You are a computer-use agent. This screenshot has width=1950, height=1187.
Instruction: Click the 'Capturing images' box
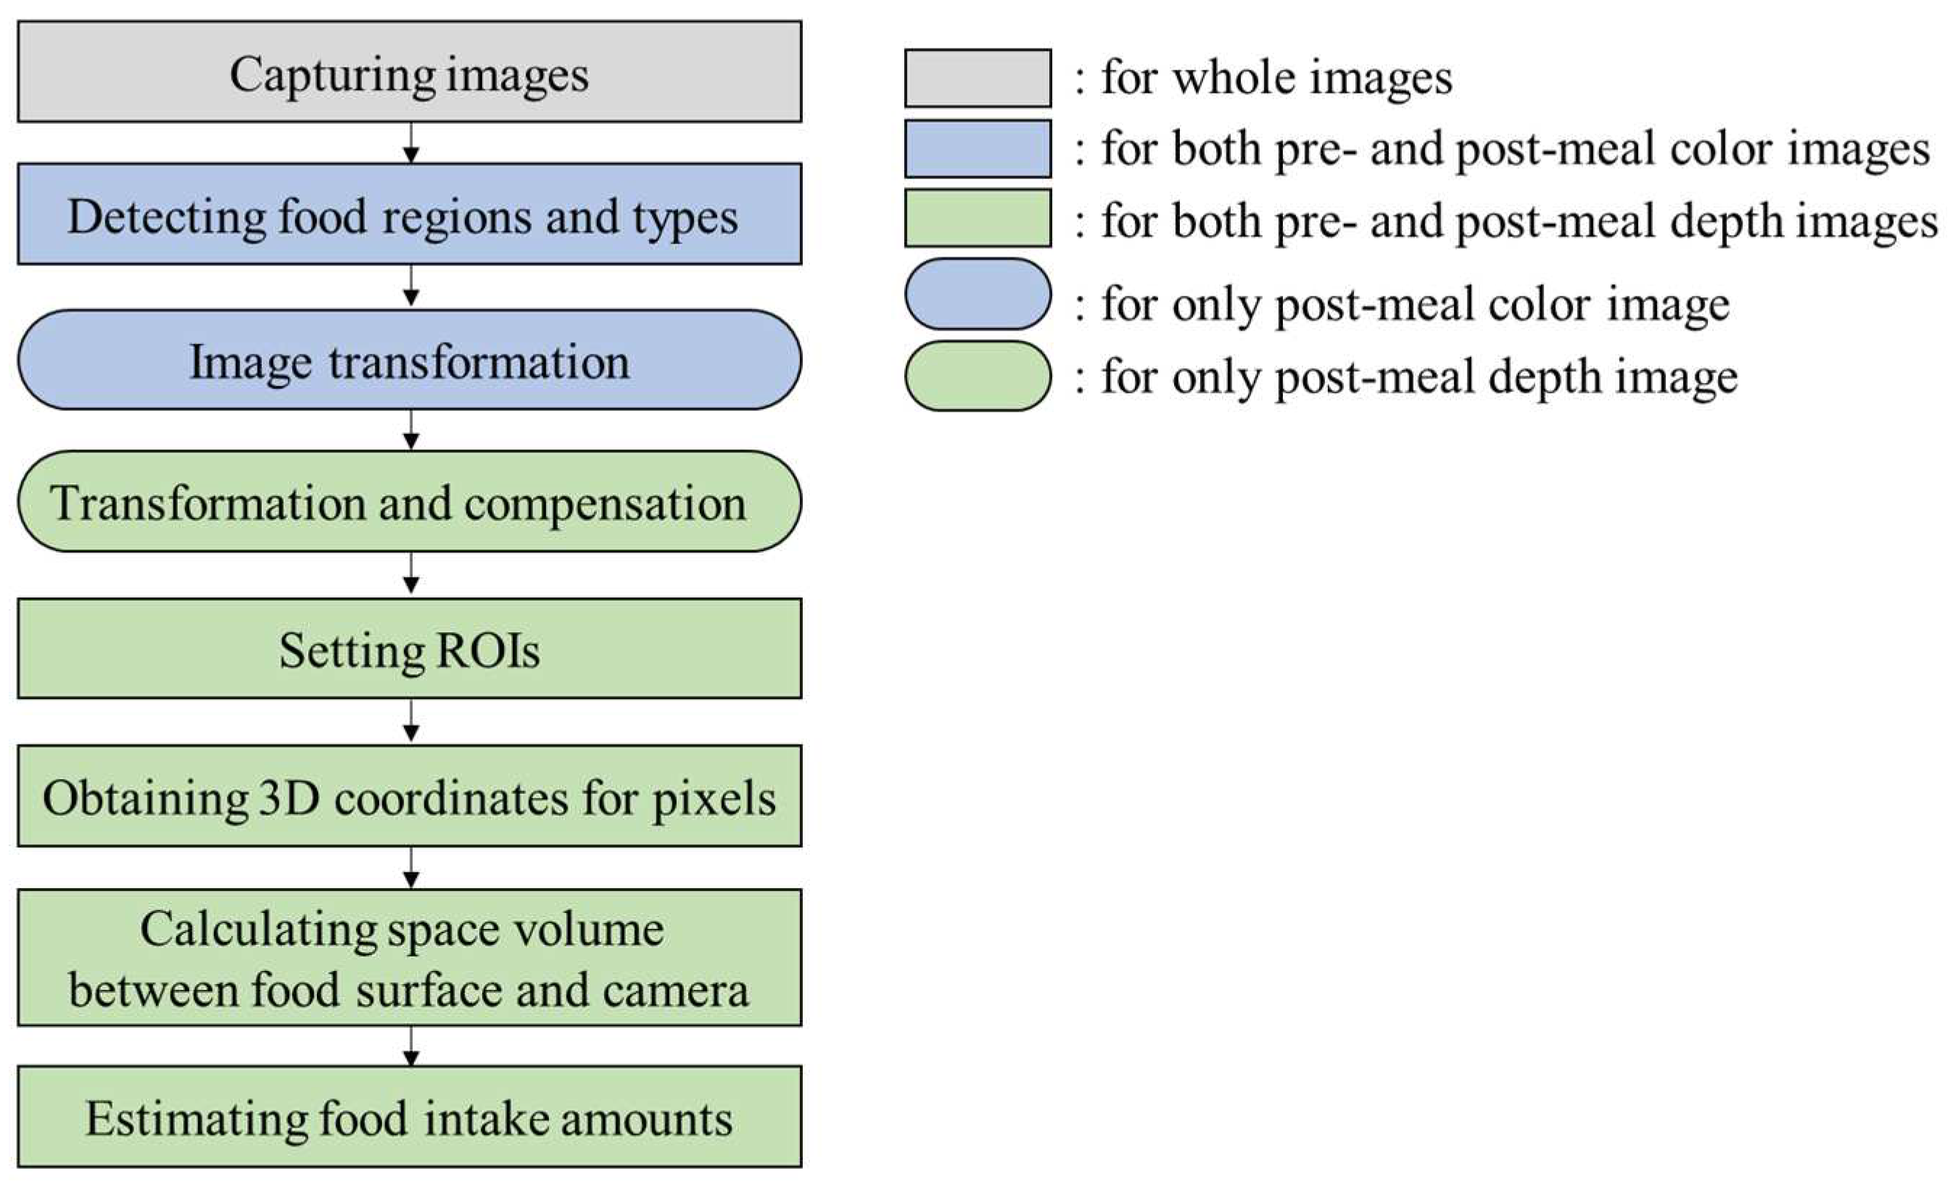[409, 72]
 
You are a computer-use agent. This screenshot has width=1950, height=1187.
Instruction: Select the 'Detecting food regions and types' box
[409, 215]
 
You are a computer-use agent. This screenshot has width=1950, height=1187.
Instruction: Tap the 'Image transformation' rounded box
[409, 360]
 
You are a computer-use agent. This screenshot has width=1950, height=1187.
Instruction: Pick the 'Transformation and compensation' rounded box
[409, 502]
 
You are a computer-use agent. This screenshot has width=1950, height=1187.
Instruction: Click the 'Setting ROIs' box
[409, 649]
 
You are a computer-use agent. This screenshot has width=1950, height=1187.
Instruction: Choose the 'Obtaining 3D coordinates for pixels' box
[409, 796]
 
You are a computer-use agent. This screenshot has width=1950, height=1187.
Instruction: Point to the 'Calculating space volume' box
[409, 959]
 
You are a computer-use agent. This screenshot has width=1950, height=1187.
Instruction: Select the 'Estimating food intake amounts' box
[409, 1117]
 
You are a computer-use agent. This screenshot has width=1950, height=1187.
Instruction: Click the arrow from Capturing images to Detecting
[410, 144]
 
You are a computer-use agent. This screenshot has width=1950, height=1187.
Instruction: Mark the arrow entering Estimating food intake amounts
[410, 1047]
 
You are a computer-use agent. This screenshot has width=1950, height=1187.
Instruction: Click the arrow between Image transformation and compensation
[410, 431]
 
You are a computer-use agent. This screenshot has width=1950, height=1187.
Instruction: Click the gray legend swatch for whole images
[978, 78]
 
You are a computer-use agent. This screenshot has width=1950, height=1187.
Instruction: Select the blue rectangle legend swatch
[978, 149]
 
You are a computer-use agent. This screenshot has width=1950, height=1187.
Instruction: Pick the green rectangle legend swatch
[978, 218]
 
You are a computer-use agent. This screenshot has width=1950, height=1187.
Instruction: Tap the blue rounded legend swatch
[978, 294]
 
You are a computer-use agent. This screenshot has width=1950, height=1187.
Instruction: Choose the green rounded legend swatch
[978, 376]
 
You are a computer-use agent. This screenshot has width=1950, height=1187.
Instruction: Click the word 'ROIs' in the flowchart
[487, 650]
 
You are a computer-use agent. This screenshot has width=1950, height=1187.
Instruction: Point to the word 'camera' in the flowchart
[675, 990]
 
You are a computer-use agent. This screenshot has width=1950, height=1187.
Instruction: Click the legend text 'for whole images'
[1276, 78]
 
